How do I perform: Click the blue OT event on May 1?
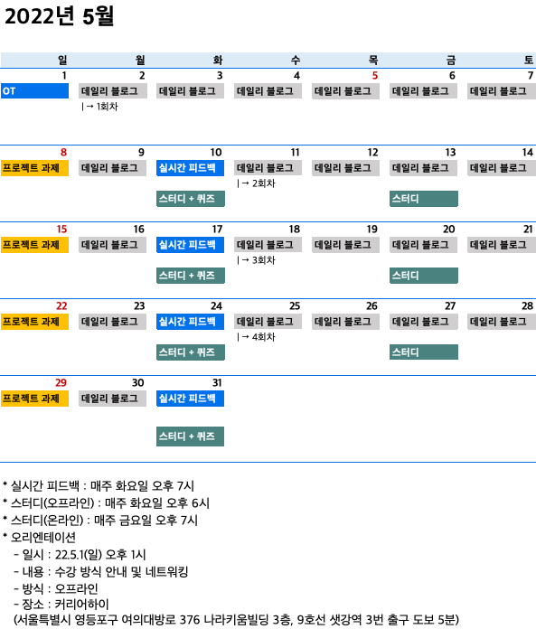tap(34, 91)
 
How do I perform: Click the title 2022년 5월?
tap(59, 16)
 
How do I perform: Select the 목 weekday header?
tap(373, 61)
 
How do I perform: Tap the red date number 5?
tap(375, 75)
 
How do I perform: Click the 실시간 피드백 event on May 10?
tap(190, 168)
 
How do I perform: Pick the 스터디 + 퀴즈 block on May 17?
tap(191, 276)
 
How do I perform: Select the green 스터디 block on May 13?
tap(424, 199)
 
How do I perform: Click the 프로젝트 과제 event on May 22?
tap(34, 322)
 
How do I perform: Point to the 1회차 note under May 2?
tap(100, 107)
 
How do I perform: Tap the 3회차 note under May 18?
tap(257, 260)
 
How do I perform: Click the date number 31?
tap(217, 382)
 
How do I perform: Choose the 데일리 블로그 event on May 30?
tap(112, 399)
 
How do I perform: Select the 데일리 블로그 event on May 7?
tap(502, 91)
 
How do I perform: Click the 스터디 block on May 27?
tap(424, 352)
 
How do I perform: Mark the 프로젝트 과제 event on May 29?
tap(34, 399)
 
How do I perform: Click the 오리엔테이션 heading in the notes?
tap(42, 537)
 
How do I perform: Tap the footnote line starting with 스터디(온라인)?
tap(100, 521)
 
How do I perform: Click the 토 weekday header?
tap(529, 61)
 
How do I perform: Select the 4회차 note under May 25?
tap(257, 337)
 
